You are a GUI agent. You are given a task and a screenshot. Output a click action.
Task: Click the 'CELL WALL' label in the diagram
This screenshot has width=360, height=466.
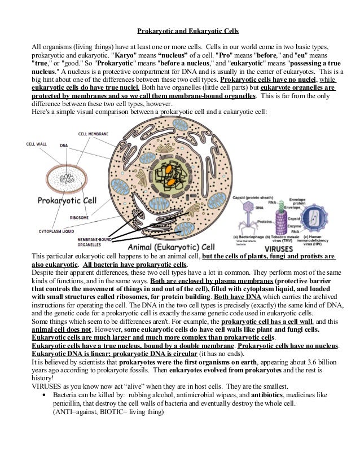pos(37,144)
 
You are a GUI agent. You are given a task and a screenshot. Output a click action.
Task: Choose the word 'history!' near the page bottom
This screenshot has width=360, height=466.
pos(42,378)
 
